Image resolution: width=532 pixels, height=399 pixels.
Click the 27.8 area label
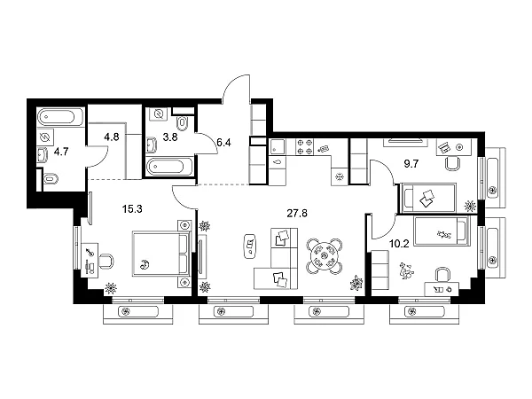tap(297, 214)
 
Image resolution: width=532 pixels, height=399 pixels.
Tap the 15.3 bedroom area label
tap(132, 209)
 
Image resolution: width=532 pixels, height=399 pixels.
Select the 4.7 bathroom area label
tap(61, 152)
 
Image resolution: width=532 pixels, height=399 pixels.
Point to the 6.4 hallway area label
tap(223, 143)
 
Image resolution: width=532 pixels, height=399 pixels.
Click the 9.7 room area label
tap(411, 164)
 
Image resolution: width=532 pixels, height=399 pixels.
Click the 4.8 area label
tap(112, 137)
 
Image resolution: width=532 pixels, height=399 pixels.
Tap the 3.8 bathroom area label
tap(170, 137)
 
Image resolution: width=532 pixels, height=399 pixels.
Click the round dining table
tap(324, 255)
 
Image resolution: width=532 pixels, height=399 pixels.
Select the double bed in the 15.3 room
tap(161, 254)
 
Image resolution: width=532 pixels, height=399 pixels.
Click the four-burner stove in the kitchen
tap(305, 147)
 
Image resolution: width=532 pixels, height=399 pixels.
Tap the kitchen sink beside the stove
tap(278, 147)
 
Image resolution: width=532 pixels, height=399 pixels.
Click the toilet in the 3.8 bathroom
tap(184, 123)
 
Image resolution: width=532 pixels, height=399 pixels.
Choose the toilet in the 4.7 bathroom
tap(51, 179)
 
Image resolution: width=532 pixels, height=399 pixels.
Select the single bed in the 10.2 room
tap(442, 231)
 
